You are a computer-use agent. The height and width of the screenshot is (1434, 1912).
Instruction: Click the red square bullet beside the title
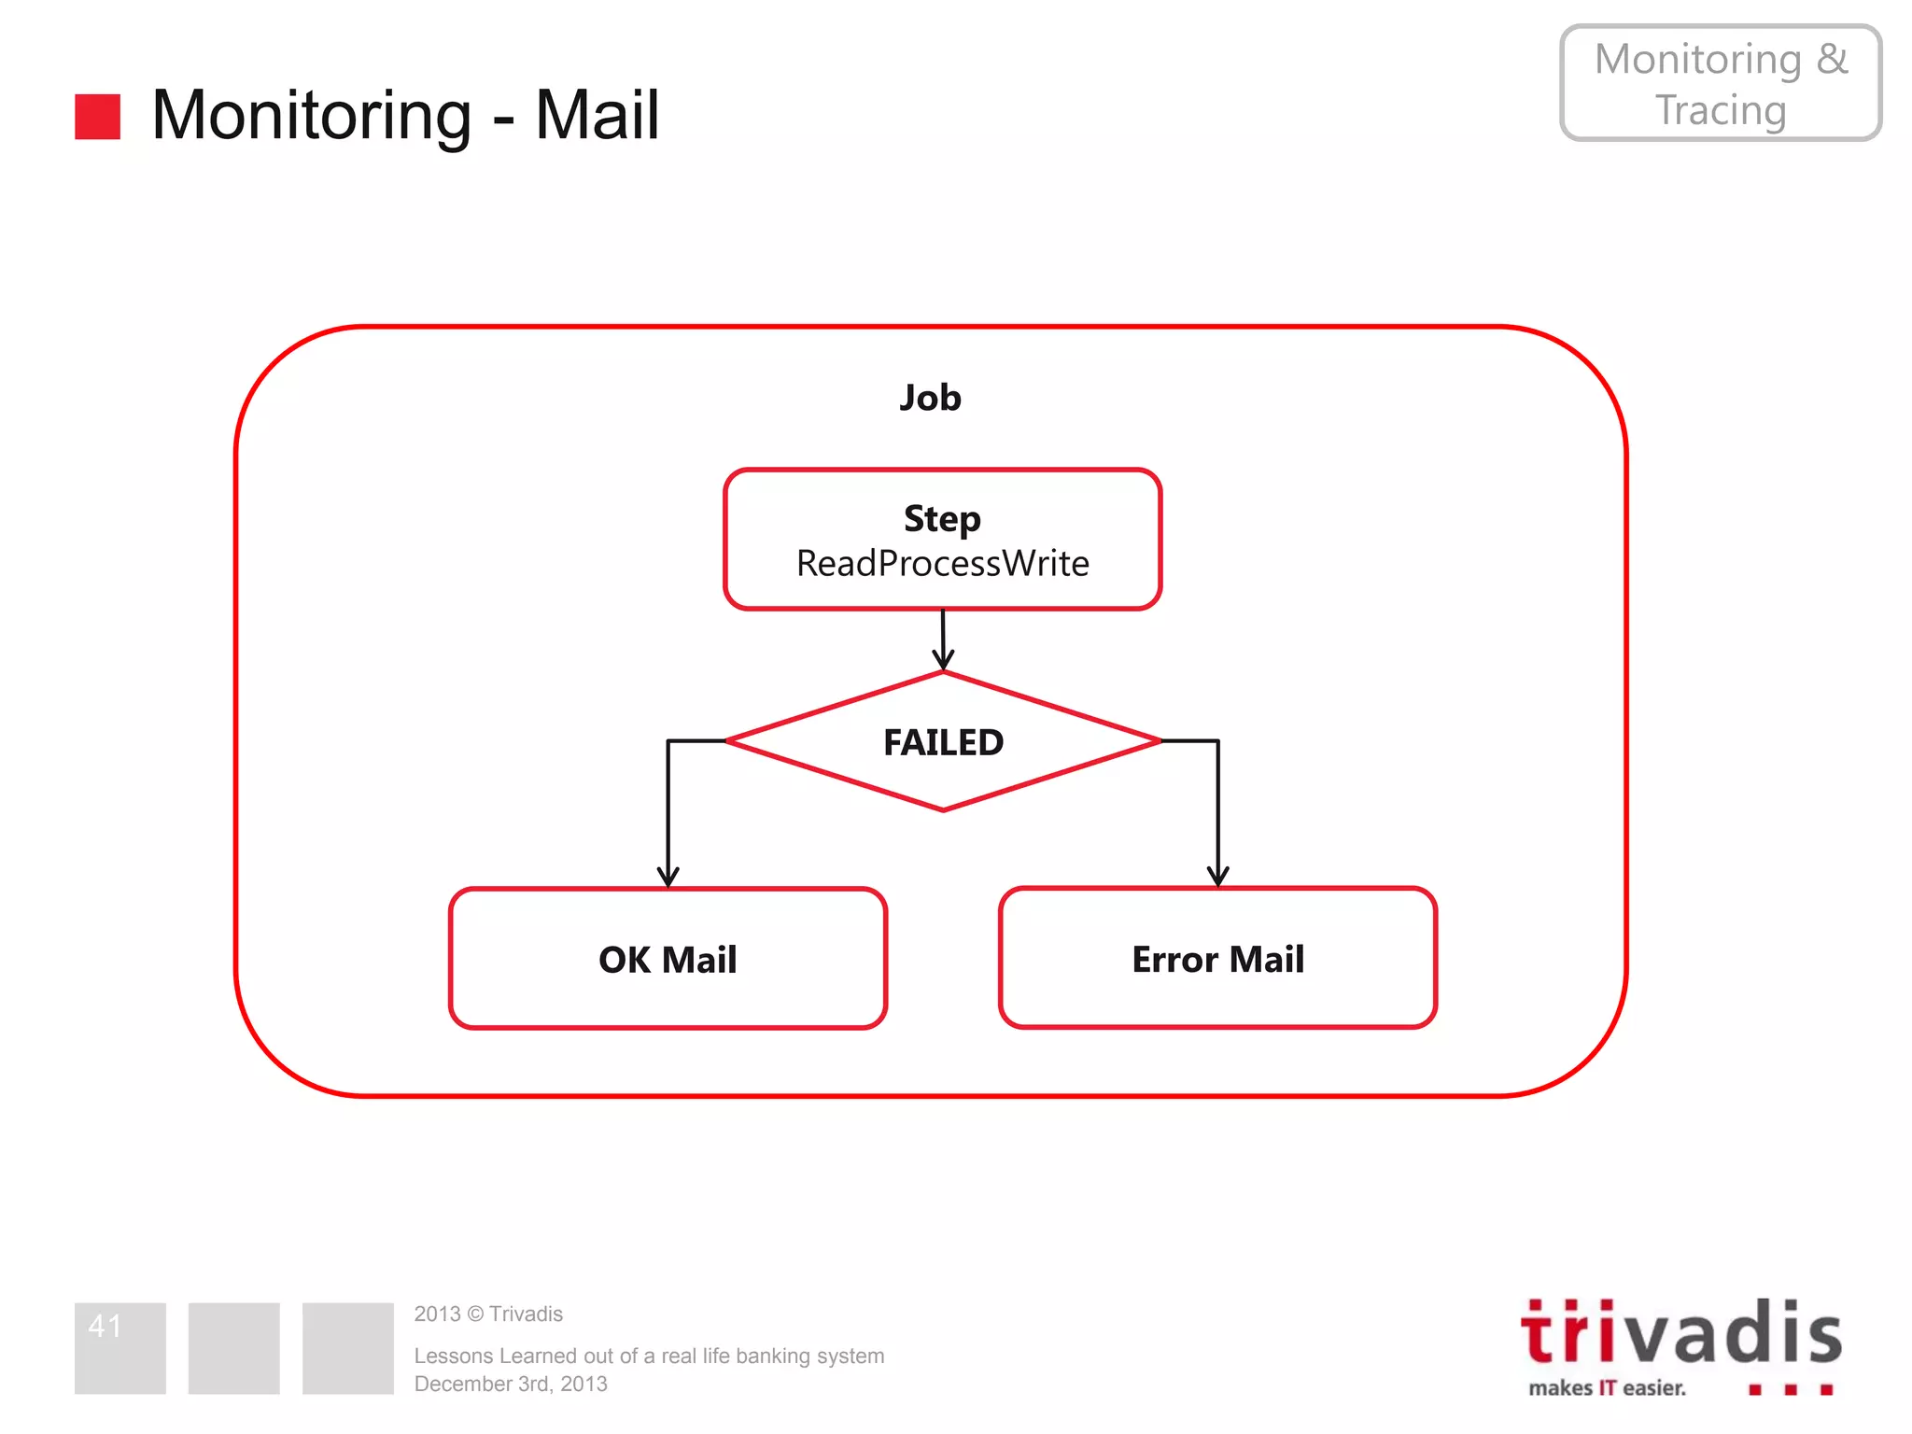click(97, 117)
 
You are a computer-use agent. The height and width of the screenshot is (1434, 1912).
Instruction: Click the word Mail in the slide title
click(597, 116)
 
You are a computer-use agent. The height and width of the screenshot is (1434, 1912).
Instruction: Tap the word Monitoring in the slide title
click(312, 116)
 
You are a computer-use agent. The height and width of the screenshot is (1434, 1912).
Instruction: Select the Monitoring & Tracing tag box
click(1720, 83)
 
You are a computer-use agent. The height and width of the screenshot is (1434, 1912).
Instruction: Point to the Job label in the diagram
click(930, 398)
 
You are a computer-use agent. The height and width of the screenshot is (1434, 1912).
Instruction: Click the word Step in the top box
click(942, 519)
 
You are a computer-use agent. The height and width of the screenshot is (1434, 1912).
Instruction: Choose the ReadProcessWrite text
click(942, 564)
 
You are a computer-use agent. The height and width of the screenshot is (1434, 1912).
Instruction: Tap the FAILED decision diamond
click(943, 742)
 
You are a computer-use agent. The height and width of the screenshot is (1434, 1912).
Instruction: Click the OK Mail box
click(668, 959)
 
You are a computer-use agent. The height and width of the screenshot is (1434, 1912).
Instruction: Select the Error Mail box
click(1217, 959)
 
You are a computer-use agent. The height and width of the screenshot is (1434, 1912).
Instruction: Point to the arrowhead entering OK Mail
click(668, 877)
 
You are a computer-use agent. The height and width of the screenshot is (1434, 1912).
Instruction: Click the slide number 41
click(105, 1326)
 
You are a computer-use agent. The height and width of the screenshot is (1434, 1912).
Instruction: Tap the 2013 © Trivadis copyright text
click(488, 1314)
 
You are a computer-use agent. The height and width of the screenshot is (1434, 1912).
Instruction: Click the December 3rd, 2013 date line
click(511, 1384)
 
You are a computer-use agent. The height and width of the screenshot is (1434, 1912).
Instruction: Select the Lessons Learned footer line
click(649, 1356)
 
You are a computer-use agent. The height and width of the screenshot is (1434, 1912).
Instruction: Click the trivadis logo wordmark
click(1680, 1333)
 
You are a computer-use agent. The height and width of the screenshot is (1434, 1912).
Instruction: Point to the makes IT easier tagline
click(1607, 1388)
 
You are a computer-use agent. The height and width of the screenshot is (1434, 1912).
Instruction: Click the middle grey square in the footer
click(233, 1348)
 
